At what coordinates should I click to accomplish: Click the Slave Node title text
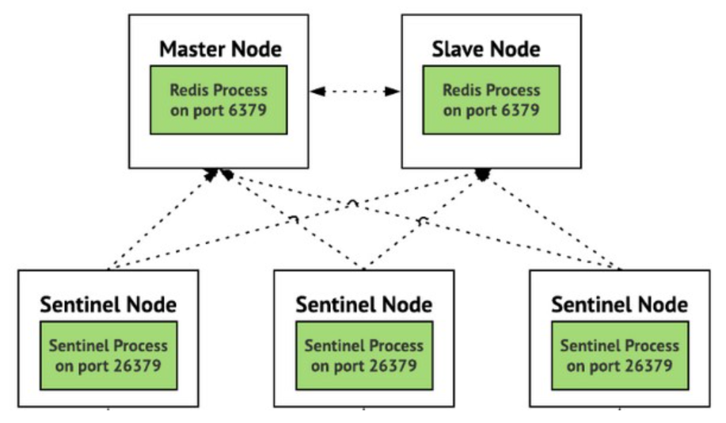pos(486,49)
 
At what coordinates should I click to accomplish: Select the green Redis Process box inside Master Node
pos(219,100)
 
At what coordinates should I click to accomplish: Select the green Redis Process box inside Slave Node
pos(491,100)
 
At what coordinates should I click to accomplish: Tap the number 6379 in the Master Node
pos(245,109)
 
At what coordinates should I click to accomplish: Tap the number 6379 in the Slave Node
pos(517,109)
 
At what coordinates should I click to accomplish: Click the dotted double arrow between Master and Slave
pos(355,92)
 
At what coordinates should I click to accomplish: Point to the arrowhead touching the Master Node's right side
pos(316,92)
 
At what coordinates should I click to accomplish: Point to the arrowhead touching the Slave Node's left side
pos(393,92)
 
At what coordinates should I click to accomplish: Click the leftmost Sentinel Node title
pos(108,304)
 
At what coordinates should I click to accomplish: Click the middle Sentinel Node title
pos(364,304)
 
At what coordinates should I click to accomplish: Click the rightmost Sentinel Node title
pos(620,304)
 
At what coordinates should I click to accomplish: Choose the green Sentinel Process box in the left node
pos(108,356)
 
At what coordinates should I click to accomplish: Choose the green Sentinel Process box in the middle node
pos(364,356)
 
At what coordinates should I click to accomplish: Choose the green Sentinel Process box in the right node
pos(620,356)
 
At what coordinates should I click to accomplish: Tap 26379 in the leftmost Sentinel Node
pos(132,365)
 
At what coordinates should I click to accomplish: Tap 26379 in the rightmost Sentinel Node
pos(644,365)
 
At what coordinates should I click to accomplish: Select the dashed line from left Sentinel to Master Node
pos(158,220)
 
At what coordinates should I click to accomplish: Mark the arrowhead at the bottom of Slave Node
pos(481,173)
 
